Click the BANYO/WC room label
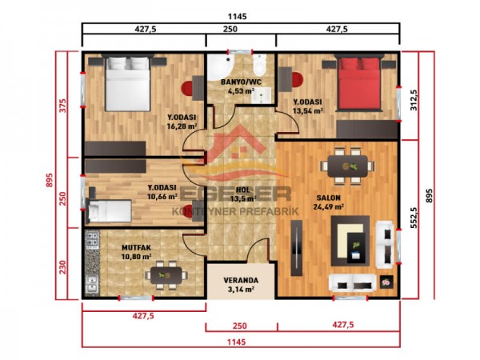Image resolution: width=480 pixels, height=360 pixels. (238, 82)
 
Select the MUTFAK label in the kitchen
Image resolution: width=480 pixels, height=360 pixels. (137, 248)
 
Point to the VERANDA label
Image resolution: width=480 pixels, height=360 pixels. (240, 281)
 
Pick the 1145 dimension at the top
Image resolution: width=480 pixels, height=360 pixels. (240, 17)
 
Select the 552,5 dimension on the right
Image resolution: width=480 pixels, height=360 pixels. (414, 218)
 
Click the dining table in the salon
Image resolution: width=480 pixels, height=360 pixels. (346, 166)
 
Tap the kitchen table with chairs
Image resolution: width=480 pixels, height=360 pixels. (166, 274)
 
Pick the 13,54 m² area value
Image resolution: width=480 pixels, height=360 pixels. (308, 111)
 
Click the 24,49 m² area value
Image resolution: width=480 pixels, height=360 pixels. (328, 206)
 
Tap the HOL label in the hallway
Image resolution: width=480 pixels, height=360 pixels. (240, 190)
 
